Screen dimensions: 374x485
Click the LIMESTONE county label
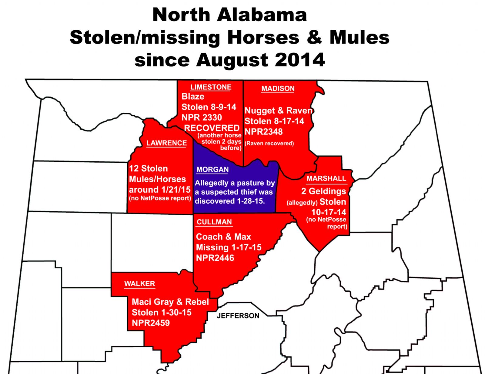tap(211, 87)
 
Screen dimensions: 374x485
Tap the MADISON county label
tap(278, 88)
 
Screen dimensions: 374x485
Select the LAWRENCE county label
tap(166, 143)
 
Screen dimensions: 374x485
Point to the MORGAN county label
tap(212, 170)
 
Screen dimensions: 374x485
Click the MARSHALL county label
tap(326, 178)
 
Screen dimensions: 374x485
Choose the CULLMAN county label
tap(214, 222)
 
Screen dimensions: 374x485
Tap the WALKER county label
tap(139, 284)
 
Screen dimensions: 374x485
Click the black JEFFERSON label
tap(238, 316)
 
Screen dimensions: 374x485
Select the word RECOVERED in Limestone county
tap(212, 128)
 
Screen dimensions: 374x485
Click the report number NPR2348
tap(263, 132)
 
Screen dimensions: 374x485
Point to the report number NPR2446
tap(215, 258)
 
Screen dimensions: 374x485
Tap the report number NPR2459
tap(151, 323)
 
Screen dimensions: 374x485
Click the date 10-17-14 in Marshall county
tap(329, 212)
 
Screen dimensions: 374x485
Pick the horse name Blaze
tap(193, 97)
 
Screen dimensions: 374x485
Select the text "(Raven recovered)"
tap(269, 144)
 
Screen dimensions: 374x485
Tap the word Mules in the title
tap(359, 38)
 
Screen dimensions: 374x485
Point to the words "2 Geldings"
tap(323, 191)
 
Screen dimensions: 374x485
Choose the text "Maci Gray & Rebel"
tap(170, 302)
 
